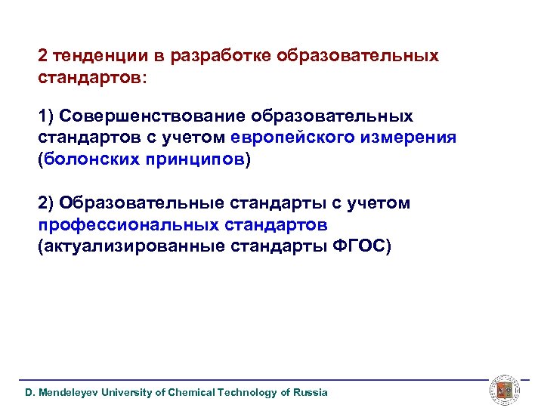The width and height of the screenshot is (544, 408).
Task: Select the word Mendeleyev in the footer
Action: [x=66, y=392]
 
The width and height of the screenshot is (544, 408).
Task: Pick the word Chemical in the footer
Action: [x=190, y=392]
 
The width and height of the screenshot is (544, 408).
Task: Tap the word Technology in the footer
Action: [x=247, y=392]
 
